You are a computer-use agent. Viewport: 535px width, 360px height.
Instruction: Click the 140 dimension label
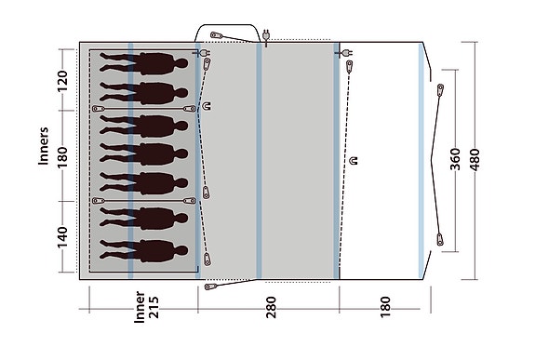point(63,239)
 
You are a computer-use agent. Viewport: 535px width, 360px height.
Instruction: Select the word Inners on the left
point(44,144)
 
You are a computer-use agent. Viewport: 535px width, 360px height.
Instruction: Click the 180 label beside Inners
point(63,154)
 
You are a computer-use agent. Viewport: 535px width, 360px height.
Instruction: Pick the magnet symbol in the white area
point(355,162)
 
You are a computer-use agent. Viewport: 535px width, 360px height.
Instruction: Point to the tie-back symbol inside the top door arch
point(217,38)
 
